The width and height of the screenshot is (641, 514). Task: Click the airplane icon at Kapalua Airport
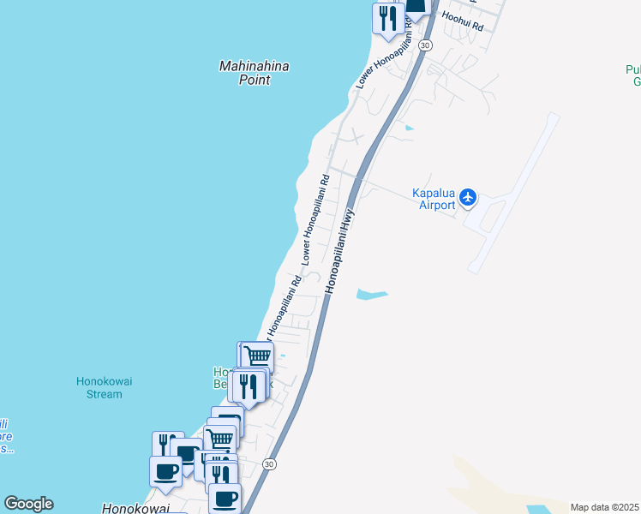[468, 197]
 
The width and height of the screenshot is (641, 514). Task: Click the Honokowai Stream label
[111, 388]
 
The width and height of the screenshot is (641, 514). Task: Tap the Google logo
[28, 504]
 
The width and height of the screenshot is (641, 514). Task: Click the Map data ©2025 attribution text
[604, 507]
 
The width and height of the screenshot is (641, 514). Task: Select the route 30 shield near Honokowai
[270, 463]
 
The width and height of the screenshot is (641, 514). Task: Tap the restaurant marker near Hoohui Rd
[387, 18]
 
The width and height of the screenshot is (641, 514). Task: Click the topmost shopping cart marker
[257, 356]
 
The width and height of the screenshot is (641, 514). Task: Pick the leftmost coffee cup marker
[165, 470]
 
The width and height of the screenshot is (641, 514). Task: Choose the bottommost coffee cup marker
[225, 498]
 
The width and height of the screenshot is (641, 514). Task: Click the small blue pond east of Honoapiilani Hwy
[371, 295]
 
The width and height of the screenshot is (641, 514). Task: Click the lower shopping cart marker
[221, 439]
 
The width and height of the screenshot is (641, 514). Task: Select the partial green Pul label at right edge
[633, 75]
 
